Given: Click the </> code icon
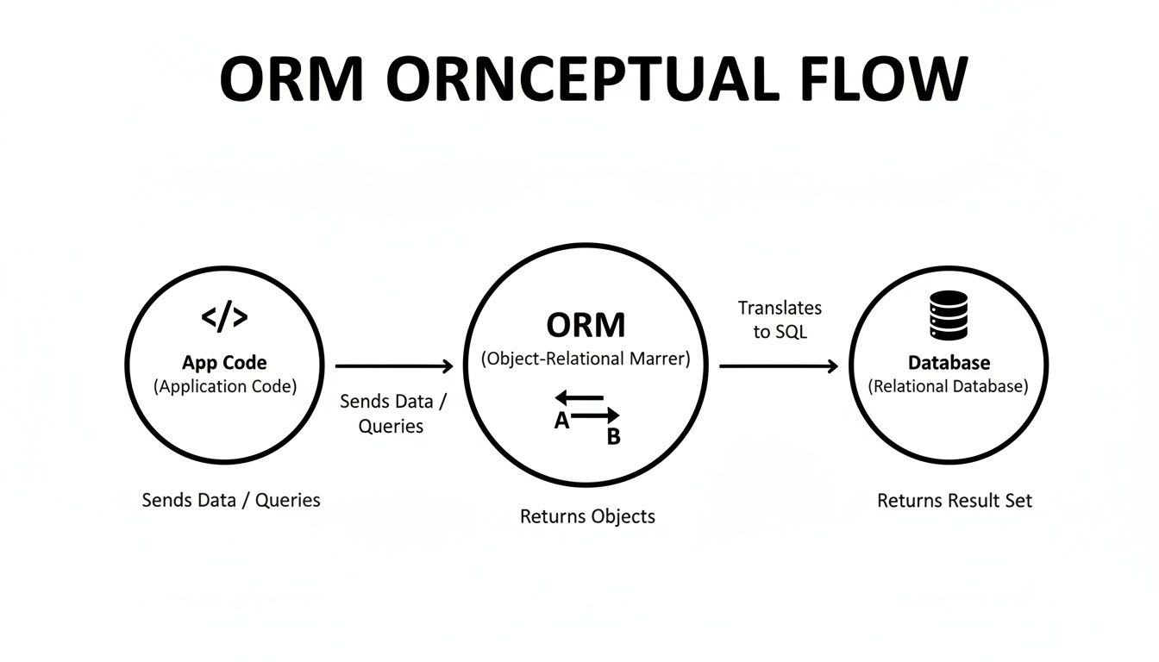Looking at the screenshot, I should pyautogui.click(x=224, y=317).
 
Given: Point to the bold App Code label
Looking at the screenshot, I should pyautogui.click(x=224, y=363).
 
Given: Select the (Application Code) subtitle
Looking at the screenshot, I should pyautogui.click(x=224, y=387).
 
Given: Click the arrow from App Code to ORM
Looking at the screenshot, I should pyautogui.click(x=394, y=366).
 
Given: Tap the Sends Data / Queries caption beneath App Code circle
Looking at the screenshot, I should pyautogui.click(x=230, y=500).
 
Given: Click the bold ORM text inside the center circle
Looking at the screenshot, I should pyautogui.click(x=586, y=326).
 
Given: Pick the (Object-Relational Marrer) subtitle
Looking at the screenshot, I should pyautogui.click(x=586, y=359).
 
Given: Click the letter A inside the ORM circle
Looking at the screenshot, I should pyautogui.click(x=561, y=422).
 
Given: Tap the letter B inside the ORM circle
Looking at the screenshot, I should pyautogui.click(x=613, y=437).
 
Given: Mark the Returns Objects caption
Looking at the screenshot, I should pyautogui.click(x=587, y=516).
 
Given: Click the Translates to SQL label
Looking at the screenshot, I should pyautogui.click(x=780, y=320).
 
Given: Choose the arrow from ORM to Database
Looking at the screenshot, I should pyautogui.click(x=779, y=366).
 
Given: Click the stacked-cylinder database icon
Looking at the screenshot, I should pyautogui.click(x=949, y=315).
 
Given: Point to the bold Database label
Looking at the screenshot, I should pyautogui.click(x=949, y=363).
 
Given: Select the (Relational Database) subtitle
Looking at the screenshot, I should pyautogui.click(x=949, y=387).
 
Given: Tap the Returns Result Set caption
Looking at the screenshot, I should pyautogui.click(x=954, y=500).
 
